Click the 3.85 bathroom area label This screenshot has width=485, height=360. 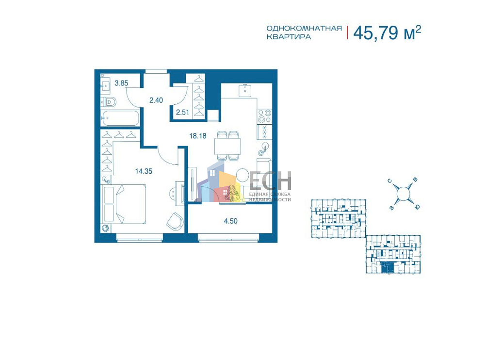tap(121, 83)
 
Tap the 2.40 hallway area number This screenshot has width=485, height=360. tap(156, 100)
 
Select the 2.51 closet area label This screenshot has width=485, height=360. tap(182, 112)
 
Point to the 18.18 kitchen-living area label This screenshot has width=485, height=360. tap(198, 135)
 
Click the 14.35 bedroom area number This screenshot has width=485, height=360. tap(144, 171)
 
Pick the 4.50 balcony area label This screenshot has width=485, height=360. tap(231, 221)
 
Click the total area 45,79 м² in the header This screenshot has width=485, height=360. tap(387, 32)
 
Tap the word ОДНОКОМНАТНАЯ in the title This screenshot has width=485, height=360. tap(304, 29)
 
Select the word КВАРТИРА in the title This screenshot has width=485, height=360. tap(289, 36)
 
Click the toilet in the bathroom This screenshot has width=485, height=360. tap(108, 101)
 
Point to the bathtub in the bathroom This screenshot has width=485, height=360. tap(120, 118)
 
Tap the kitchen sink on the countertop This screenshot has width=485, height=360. tap(244, 90)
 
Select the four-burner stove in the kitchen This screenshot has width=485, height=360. tap(265, 116)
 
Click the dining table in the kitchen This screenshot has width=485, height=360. tap(227, 146)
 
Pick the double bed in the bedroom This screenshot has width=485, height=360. tap(124, 204)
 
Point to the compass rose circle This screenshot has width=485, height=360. tap(403, 194)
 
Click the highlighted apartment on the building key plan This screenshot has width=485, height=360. tap(386, 267)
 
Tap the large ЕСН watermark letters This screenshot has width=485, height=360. tap(270, 181)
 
